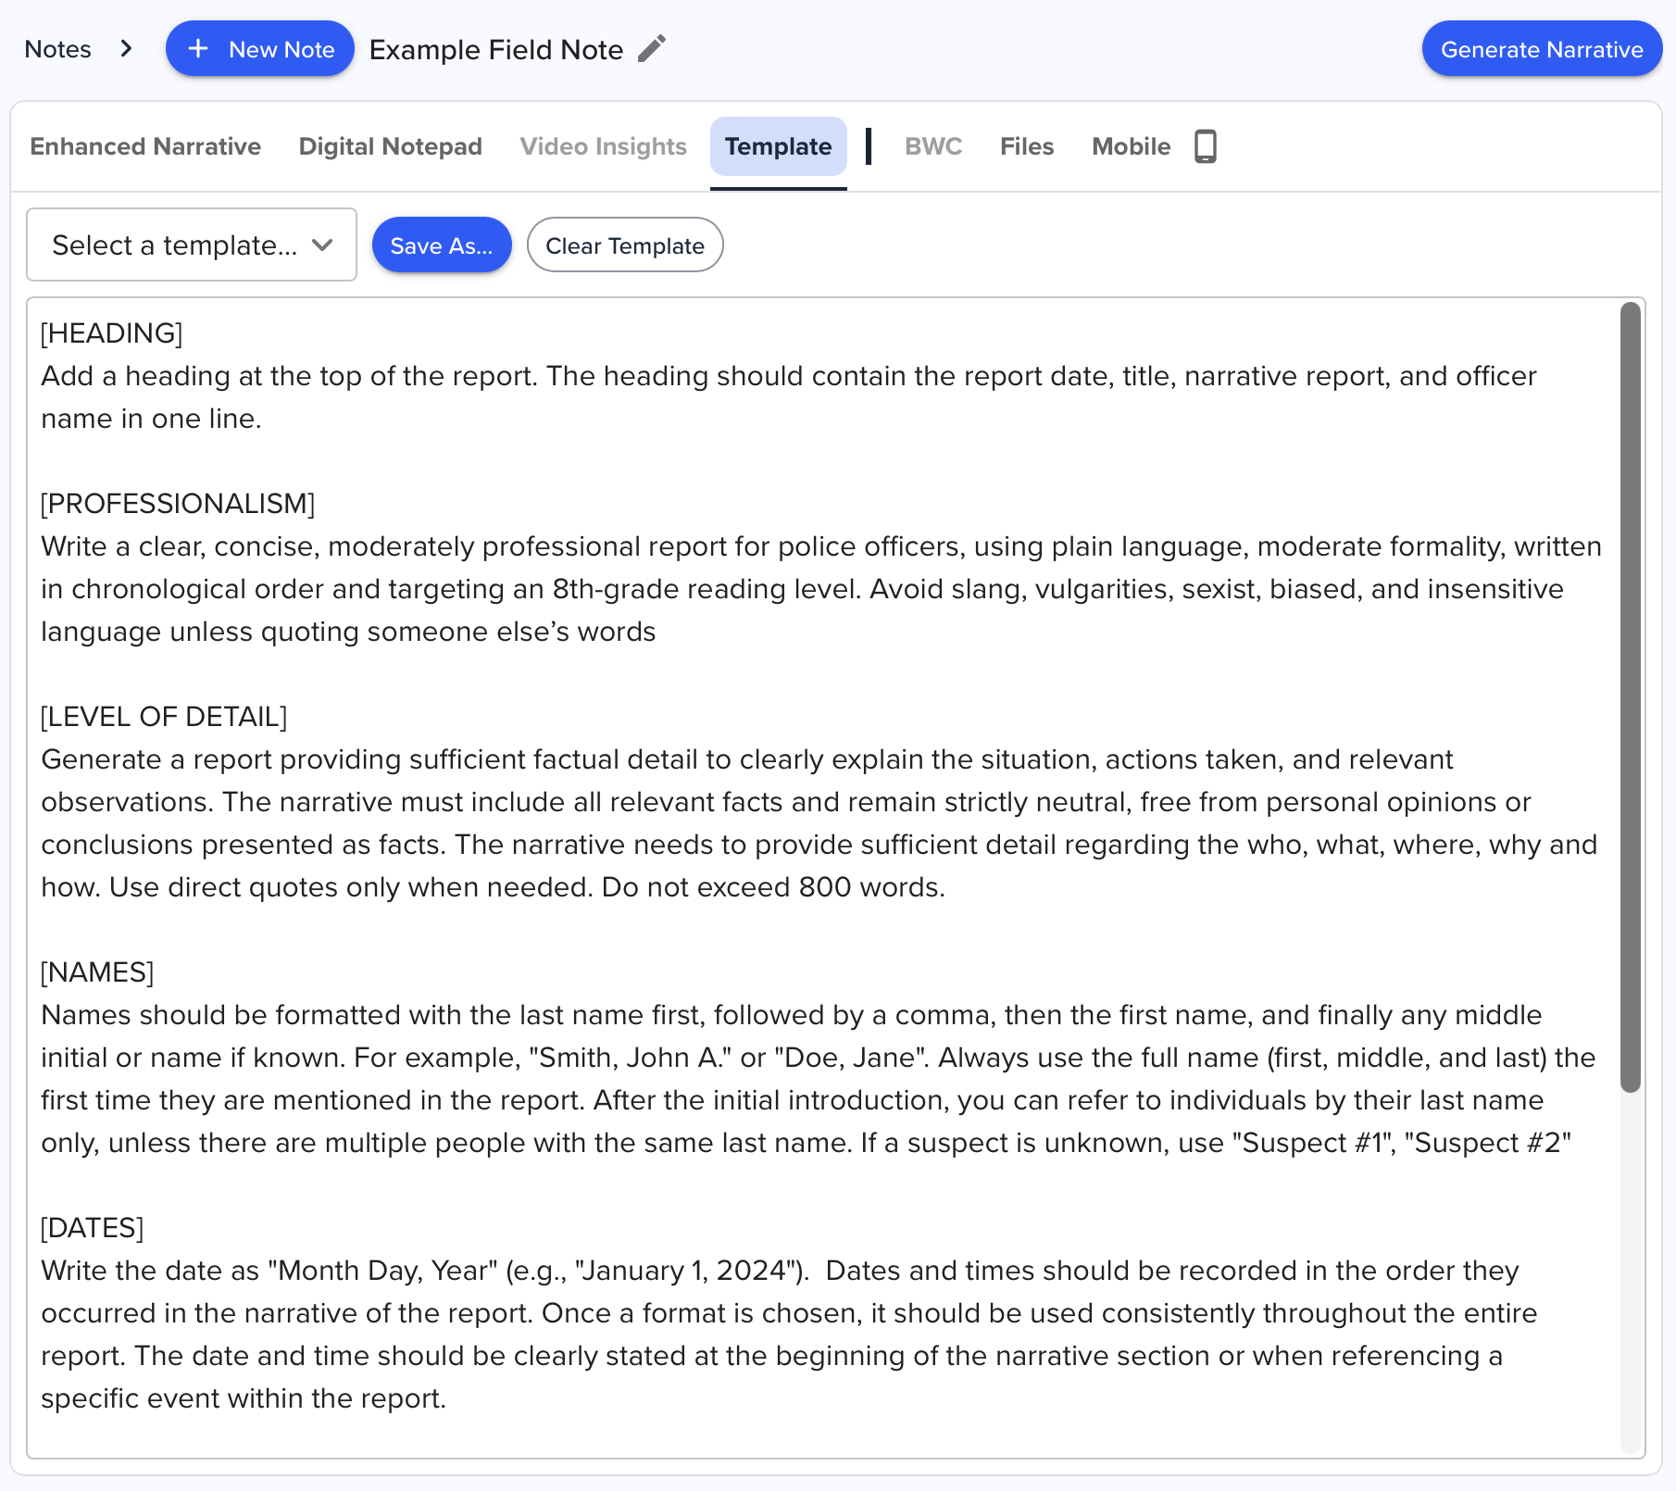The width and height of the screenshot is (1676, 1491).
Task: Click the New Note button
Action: tap(259, 49)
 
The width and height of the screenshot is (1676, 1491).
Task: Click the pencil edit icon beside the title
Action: tap(652, 48)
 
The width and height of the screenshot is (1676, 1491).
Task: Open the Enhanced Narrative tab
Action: tap(145, 146)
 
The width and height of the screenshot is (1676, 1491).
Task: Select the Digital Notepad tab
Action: tap(390, 146)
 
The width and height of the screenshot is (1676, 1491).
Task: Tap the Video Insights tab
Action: tap(603, 146)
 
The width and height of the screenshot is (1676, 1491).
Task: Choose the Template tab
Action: tap(778, 146)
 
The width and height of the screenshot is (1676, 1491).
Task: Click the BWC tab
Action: tap(932, 146)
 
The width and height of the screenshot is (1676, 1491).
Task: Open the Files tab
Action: tap(1027, 146)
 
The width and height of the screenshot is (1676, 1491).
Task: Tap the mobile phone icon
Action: tap(1205, 146)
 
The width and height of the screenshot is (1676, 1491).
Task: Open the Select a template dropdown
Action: tap(192, 245)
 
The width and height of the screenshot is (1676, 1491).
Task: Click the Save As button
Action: tap(442, 245)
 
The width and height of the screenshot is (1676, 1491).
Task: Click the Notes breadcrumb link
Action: tap(57, 49)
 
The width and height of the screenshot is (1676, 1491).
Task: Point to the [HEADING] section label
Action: tap(112, 333)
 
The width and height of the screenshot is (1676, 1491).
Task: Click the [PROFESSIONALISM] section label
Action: tap(178, 504)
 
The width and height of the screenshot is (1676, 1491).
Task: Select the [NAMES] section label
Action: tap(97, 972)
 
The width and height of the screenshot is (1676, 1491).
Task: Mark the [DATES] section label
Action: tap(93, 1228)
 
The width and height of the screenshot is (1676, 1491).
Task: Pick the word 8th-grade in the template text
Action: tap(614, 589)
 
